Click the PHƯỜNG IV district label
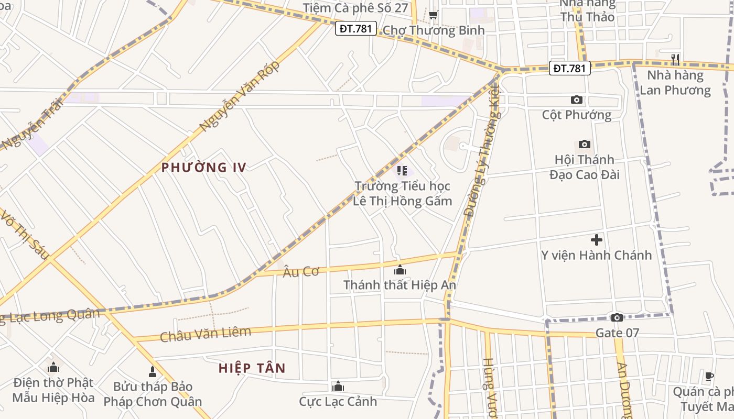[203, 168]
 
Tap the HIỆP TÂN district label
[252, 368]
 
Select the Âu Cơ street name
[301, 271]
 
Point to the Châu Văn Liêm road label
[206, 334]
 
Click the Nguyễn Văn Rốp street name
[240, 96]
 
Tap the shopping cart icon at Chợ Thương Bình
[433, 15]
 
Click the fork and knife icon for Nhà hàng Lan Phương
[675, 60]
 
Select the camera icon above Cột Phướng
[577, 100]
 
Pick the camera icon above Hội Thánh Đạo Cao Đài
[584, 144]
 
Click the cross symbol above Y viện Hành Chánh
[597, 240]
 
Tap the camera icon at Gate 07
[617, 317]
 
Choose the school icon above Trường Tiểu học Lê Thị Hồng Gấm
[402, 171]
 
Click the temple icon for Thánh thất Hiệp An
[400, 270]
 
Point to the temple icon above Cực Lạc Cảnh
[338, 387]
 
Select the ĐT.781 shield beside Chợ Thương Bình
[355, 28]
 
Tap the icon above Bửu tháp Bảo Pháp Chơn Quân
[153, 372]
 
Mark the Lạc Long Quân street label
[52, 316]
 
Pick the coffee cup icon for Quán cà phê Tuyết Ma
[709, 376]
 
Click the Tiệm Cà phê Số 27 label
[355, 8]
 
